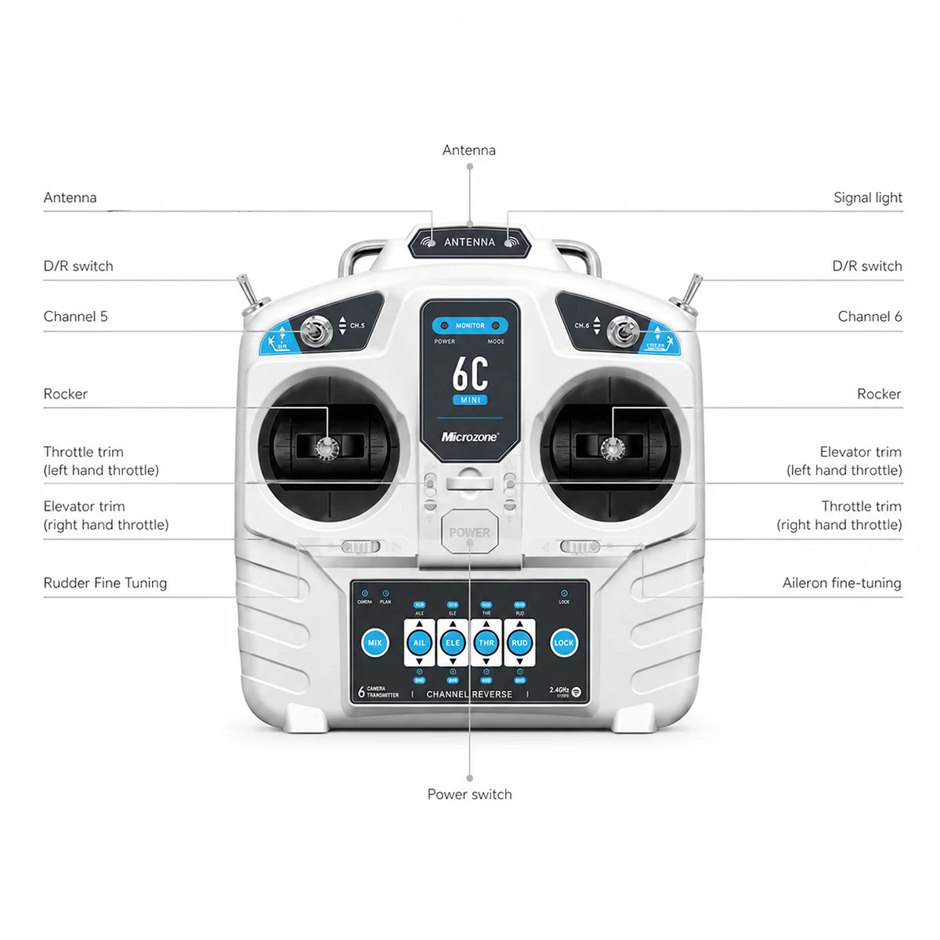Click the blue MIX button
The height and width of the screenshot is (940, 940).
[x=374, y=643]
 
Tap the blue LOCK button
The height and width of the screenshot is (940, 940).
[x=564, y=643]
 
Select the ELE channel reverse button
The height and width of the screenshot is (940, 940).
[x=453, y=643]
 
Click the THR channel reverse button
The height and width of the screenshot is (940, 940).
[x=486, y=643]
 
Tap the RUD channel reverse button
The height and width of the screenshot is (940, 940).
[x=519, y=643]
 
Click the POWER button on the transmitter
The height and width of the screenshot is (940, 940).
[x=469, y=533]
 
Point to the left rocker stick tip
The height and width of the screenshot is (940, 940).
[x=325, y=447]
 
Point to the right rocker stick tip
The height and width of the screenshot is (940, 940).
[x=613, y=447]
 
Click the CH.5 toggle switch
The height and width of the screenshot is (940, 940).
[x=316, y=331]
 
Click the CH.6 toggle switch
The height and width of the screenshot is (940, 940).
[x=623, y=331]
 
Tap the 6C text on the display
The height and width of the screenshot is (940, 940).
[x=470, y=374]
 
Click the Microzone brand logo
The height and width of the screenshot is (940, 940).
[x=469, y=437]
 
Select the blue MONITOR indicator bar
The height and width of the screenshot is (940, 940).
[x=470, y=325]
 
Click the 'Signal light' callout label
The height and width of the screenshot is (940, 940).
[x=867, y=198]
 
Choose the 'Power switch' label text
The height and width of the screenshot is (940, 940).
[x=469, y=794]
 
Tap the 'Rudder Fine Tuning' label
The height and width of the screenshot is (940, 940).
[x=105, y=583]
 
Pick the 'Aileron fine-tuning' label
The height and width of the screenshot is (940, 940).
[x=841, y=583]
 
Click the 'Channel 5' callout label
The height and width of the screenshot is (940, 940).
[x=75, y=316]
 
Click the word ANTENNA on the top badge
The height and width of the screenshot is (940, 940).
[x=469, y=242]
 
